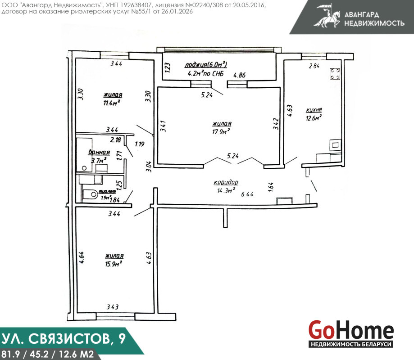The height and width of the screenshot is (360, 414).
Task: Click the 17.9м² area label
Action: point(221,131)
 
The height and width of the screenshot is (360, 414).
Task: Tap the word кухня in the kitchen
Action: point(314,110)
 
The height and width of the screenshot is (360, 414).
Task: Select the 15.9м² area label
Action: point(113,263)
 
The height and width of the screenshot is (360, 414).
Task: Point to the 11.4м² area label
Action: point(112,103)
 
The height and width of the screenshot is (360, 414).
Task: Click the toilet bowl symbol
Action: point(90,195)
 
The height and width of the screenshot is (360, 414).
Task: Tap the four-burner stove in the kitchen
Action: point(335,74)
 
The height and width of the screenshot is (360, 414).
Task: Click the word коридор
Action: point(226,182)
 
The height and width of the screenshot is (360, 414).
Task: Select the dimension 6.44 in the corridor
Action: point(247,194)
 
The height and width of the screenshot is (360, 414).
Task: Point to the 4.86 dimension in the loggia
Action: point(240,75)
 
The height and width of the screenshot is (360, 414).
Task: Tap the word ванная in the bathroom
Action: point(99,153)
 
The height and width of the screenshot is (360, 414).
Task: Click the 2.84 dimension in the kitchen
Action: point(314,66)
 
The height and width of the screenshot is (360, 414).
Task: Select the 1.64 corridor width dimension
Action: point(271,187)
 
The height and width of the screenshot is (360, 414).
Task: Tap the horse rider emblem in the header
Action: point(327,16)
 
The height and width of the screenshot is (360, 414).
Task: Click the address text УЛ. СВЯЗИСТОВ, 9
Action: point(64,339)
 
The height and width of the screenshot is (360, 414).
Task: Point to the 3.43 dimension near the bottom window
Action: point(113,307)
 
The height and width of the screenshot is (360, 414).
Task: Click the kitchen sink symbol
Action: point(335,145)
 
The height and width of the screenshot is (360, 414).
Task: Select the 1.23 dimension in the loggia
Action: point(168,67)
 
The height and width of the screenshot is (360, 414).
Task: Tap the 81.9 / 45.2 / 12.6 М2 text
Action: point(47,354)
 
